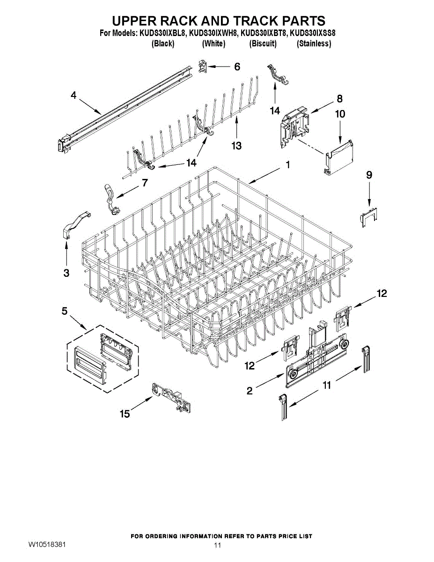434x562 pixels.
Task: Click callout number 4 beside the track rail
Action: coord(74,95)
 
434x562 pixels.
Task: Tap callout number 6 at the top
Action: coord(237,67)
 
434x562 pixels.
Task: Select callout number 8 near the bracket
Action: coord(339,99)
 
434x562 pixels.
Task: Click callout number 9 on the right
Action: coord(369,175)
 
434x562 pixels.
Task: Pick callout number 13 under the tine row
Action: coord(236,146)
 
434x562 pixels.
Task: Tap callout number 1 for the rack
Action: coord(287,165)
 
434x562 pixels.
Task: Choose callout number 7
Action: coord(145,183)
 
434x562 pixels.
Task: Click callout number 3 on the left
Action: coord(66,273)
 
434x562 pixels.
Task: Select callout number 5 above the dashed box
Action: coord(65,310)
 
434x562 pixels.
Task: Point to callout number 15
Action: coord(125,414)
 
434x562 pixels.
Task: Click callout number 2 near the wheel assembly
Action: coord(250,390)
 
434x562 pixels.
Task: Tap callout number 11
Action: coord(327,385)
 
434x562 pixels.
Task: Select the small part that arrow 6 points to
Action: coord(203,67)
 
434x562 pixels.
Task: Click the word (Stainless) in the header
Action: coord(314,44)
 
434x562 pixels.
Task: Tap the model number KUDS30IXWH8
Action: coord(213,34)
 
